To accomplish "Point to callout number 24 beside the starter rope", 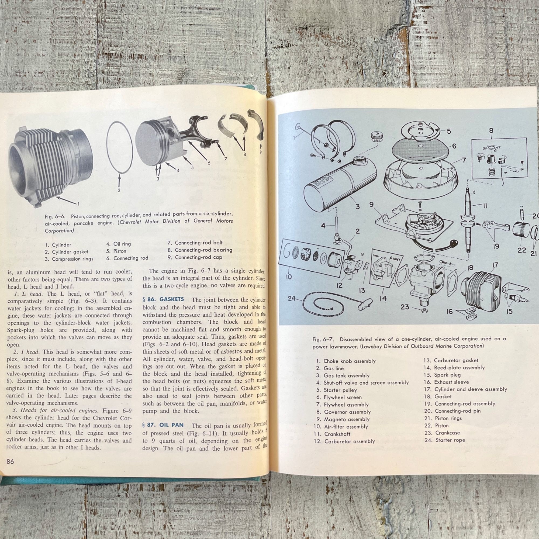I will pos(292,299).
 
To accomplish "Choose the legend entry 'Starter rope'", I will pos(450,440).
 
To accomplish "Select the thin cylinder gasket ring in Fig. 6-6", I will pos(119,148).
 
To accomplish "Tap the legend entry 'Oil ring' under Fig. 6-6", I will pos(122,244).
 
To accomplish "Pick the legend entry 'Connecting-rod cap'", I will pos(198,257).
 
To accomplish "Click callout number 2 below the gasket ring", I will pos(119,191).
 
